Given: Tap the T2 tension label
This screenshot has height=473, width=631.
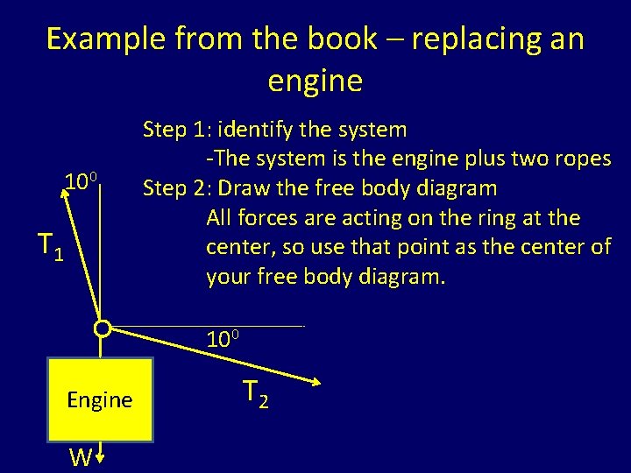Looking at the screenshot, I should pos(255,395).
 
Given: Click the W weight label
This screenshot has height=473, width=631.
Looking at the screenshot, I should pos(81,457).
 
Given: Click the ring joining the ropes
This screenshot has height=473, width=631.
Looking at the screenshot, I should pos(103,329).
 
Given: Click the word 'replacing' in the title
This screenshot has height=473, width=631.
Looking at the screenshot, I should pos(458,39).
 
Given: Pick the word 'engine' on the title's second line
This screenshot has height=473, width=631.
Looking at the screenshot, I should pos(315,81).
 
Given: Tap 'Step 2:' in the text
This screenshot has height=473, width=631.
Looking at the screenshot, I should pos(178,188).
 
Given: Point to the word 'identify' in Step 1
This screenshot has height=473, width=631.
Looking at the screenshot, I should pos(257,131).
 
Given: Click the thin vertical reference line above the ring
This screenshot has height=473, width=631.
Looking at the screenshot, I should pos(103,254).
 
